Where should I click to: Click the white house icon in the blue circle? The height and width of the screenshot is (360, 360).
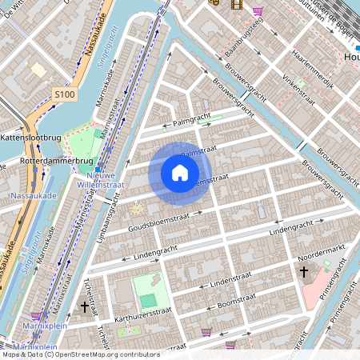[180, 172]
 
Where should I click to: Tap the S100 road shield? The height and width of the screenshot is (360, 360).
[65, 95]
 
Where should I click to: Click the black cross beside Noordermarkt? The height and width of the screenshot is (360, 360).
[303, 273]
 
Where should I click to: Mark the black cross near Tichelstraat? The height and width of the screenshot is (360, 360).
[85, 306]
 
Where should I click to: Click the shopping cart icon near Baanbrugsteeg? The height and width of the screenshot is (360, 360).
[258, 11]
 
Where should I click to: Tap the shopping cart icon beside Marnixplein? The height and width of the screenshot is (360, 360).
[37, 316]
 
